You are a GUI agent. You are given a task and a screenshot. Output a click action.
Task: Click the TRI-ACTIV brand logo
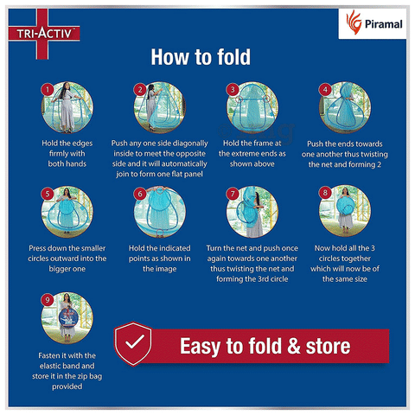[44, 34]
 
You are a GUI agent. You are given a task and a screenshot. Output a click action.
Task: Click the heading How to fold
[201, 57]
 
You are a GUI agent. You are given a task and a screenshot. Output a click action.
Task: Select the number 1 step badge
[48, 90]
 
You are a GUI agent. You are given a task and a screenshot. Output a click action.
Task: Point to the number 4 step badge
[325, 90]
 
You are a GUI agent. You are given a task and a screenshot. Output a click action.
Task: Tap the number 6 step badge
[140, 194]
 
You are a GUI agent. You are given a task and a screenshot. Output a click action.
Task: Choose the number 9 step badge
[48, 300]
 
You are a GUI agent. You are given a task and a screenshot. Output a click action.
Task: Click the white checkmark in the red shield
[134, 342]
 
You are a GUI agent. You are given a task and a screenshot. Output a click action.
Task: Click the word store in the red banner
[328, 346]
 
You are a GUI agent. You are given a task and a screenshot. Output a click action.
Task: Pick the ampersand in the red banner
[294, 346]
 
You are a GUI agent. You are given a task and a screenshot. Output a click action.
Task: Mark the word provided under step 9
[67, 386]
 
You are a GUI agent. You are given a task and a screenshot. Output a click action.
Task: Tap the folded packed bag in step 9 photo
[68, 317]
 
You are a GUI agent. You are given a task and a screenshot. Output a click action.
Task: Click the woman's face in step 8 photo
[345, 191]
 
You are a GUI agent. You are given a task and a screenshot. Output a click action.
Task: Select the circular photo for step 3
[252, 107]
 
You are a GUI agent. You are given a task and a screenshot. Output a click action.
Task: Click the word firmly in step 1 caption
[67, 154]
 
